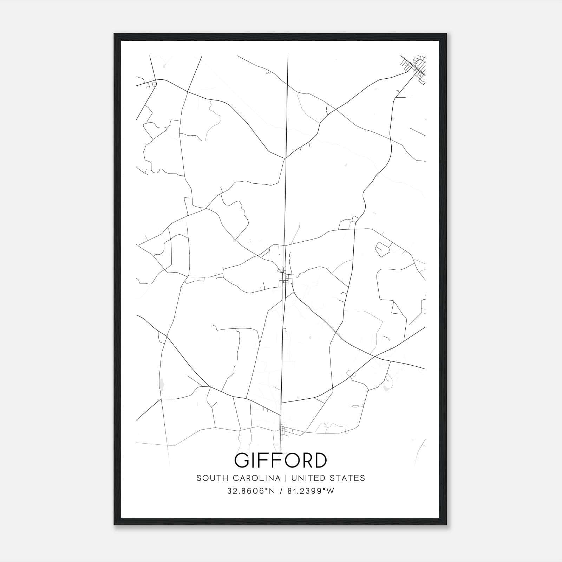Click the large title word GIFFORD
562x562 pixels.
pos(281,460)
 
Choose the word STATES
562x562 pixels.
pos(348,478)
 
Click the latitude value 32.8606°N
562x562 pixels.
pos(251,491)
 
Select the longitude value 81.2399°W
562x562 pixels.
pos(311,491)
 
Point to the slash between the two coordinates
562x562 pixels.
pos(281,491)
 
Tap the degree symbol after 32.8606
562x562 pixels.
pos(267,489)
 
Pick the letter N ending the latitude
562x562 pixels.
pos(272,491)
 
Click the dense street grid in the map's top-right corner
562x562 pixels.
pos(415,67)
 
